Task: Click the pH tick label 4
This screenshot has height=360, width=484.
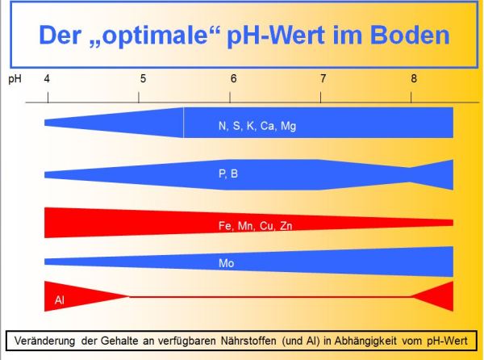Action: tap(47, 79)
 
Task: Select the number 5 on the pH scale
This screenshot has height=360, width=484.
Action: tap(143, 79)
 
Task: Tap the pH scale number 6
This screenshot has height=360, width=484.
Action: tap(233, 79)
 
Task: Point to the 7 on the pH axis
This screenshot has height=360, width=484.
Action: tap(323, 79)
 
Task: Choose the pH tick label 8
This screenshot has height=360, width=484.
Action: tap(414, 79)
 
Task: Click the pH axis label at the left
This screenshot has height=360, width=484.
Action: tap(15, 79)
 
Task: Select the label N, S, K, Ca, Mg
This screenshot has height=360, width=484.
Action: tap(257, 126)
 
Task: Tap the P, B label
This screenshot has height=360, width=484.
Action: tap(228, 174)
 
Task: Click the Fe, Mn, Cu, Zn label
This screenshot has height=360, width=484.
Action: tap(255, 226)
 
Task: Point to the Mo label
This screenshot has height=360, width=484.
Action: tap(226, 263)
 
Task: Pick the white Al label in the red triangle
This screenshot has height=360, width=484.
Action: tap(59, 299)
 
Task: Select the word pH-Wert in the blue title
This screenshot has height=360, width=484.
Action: tap(276, 36)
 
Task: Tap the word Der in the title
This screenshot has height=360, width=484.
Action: tap(59, 35)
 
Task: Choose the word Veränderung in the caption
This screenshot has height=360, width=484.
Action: tap(44, 341)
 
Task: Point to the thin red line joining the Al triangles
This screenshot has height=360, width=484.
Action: tap(270, 297)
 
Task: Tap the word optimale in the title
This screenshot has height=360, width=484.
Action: tap(154, 36)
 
